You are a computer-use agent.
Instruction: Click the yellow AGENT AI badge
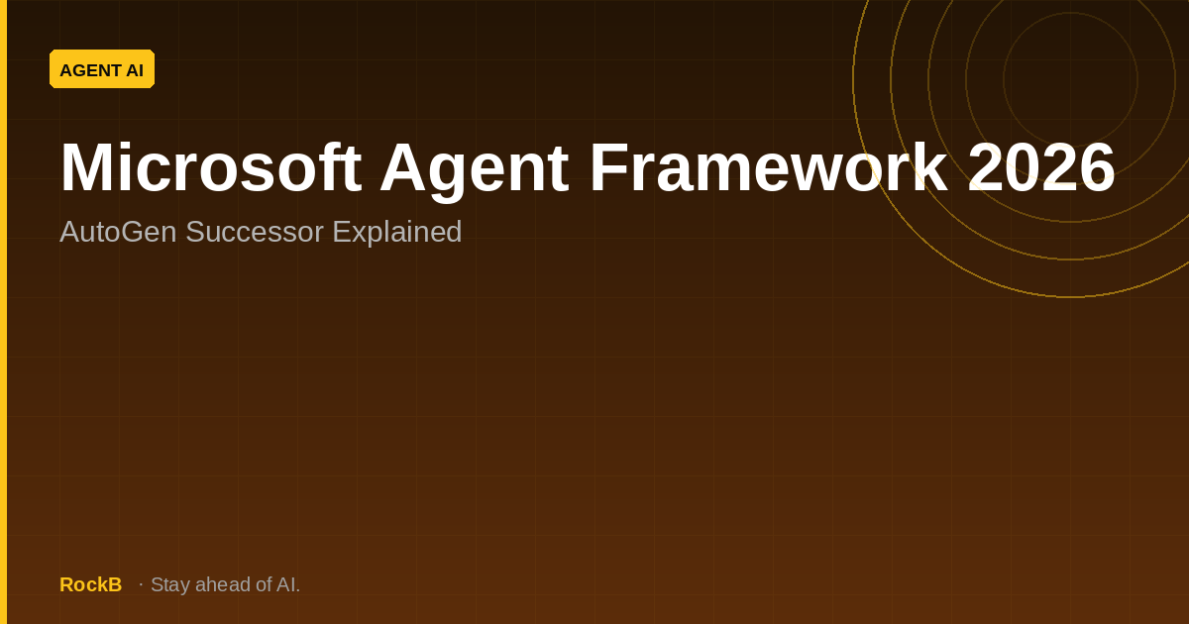(x=102, y=69)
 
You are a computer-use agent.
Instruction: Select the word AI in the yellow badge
(x=135, y=70)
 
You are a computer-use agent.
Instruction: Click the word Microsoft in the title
(x=211, y=167)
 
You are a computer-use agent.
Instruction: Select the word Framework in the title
(x=769, y=166)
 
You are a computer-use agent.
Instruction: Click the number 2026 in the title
(x=1041, y=167)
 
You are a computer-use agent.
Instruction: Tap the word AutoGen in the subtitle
(x=118, y=232)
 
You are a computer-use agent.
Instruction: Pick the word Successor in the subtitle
(x=255, y=232)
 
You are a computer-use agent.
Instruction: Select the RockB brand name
(x=91, y=584)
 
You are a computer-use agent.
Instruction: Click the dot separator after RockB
(x=141, y=584)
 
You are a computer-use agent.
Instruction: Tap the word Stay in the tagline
(x=170, y=585)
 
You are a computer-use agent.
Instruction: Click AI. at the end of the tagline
(x=288, y=584)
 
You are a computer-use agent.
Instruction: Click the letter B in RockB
(x=115, y=584)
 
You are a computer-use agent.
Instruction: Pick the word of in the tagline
(x=264, y=584)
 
